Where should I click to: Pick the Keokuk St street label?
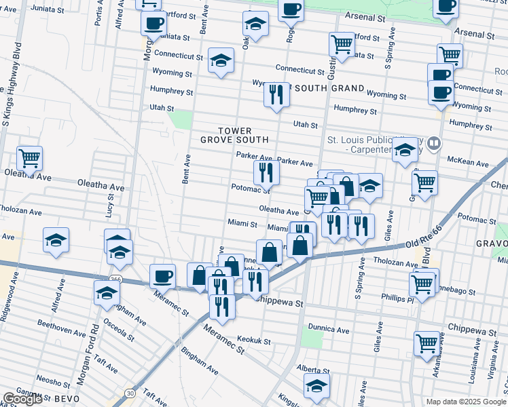[255, 341]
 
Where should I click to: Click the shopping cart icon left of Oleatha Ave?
[29, 159]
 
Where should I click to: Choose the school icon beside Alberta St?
[316, 385]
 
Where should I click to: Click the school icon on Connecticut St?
[221, 61]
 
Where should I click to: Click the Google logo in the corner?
[22, 400]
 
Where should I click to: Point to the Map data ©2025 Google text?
[466, 402]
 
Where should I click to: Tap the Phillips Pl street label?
[393, 298]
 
